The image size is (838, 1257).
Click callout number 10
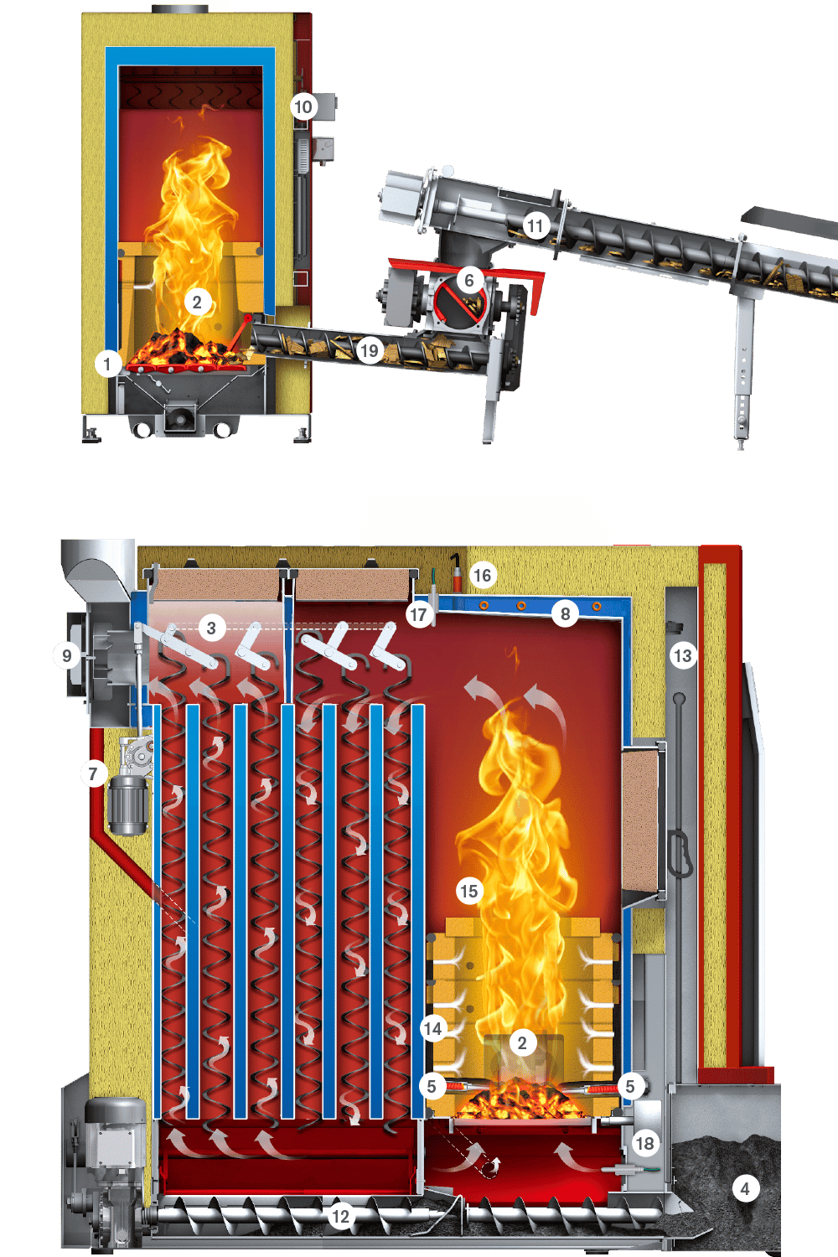pyautogui.click(x=303, y=106)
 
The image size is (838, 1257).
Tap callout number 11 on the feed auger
pyautogui.click(x=535, y=225)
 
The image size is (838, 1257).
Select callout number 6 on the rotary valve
pyautogui.click(x=468, y=280)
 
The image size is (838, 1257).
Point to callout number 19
pyautogui.click(x=369, y=351)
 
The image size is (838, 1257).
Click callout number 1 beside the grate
pyautogui.click(x=107, y=365)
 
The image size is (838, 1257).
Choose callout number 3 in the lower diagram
pyautogui.click(x=211, y=628)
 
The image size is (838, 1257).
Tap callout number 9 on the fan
pyautogui.click(x=67, y=655)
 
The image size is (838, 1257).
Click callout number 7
pyautogui.click(x=94, y=774)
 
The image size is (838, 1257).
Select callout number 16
pyautogui.click(x=482, y=575)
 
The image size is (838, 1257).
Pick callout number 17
pyautogui.click(x=418, y=614)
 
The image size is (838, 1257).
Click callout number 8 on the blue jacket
pyautogui.click(x=565, y=614)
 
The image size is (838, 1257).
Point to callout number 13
pyautogui.click(x=682, y=655)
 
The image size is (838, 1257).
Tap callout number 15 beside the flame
pyautogui.click(x=469, y=891)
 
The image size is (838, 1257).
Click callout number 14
pyautogui.click(x=432, y=1028)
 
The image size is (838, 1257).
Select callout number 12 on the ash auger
pyautogui.click(x=341, y=1217)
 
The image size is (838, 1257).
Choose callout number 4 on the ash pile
pyautogui.click(x=745, y=1188)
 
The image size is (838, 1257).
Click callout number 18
pyautogui.click(x=645, y=1143)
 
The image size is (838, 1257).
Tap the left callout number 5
pyautogui.click(x=431, y=1086)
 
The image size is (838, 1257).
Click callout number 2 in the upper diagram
pyautogui.click(x=197, y=303)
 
